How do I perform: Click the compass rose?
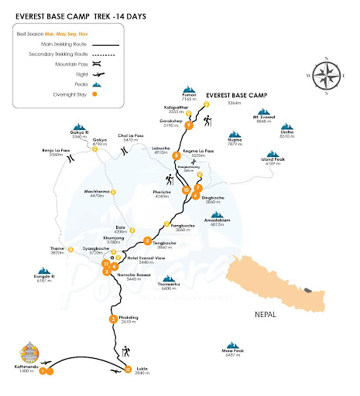tap(325, 75)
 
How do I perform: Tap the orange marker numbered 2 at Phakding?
tap(113, 319)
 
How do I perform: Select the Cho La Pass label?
tap(153, 136)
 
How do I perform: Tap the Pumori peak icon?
tap(190, 88)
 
